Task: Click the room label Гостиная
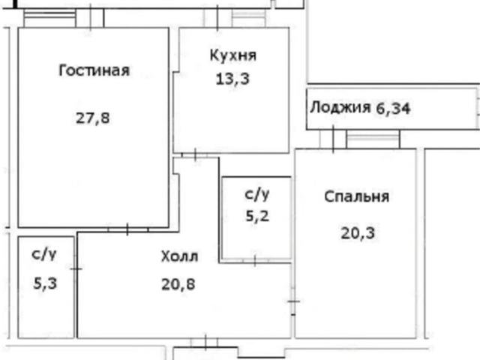click(x=94, y=71)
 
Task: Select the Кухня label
click(x=232, y=55)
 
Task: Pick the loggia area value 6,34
click(x=393, y=107)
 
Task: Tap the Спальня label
click(x=356, y=196)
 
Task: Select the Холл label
click(x=179, y=257)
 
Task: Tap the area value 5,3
click(x=43, y=283)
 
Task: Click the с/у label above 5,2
click(x=256, y=195)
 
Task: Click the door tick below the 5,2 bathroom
click(x=255, y=261)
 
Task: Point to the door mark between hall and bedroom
click(x=293, y=301)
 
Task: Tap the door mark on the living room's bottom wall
click(x=127, y=229)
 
